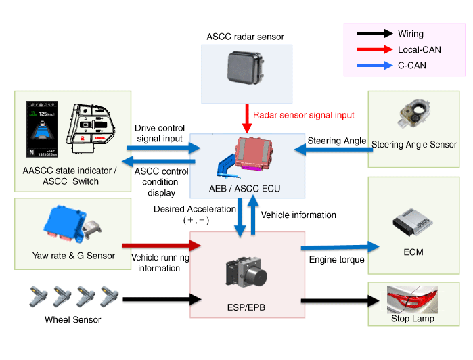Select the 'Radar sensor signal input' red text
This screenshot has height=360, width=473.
pyautogui.click(x=303, y=116)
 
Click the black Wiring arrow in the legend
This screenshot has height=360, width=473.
pyautogui.click(x=375, y=33)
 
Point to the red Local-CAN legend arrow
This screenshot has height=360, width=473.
pyautogui.click(x=375, y=49)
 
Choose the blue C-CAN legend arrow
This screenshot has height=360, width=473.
pyautogui.click(x=375, y=66)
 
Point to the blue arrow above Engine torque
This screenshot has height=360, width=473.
pyautogui.click(x=336, y=247)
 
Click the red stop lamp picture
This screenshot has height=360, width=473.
pyautogui.click(x=412, y=298)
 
